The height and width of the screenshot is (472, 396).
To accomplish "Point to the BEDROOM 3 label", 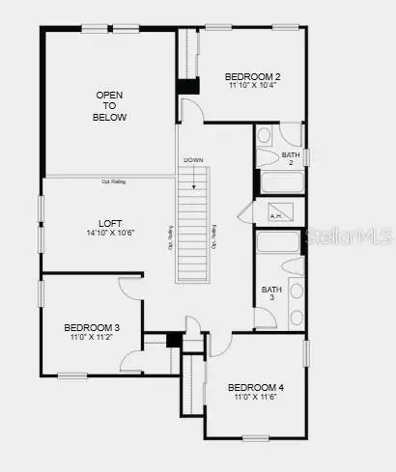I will pyautogui.click(x=92, y=327).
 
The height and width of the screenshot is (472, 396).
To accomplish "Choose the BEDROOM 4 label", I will pyautogui.click(x=256, y=388).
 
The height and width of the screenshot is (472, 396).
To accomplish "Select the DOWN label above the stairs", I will pyautogui.click(x=194, y=159).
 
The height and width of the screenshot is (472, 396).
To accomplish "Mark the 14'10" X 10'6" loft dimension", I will pyautogui.click(x=111, y=233).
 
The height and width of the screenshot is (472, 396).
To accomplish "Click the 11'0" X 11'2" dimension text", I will pyautogui.click(x=92, y=337).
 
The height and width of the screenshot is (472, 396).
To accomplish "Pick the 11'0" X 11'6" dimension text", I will pyautogui.click(x=256, y=398).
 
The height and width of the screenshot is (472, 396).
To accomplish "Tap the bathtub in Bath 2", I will pyautogui.click(x=279, y=183).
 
